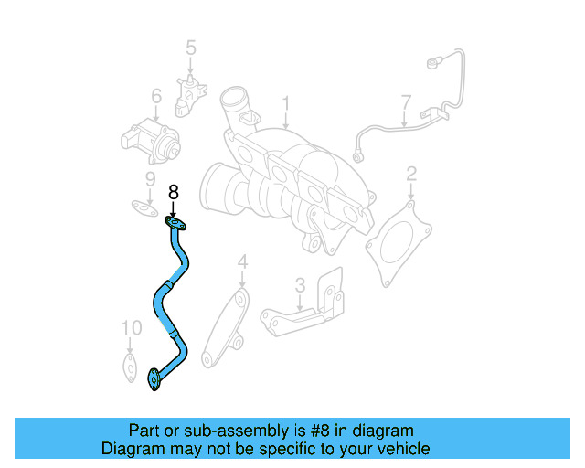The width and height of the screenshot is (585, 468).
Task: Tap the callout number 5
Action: [x=191, y=47]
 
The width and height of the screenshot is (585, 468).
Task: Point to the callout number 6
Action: [x=156, y=95]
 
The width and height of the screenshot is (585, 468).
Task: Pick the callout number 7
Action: [x=406, y=100]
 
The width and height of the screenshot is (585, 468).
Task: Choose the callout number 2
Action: [x=411, y=173]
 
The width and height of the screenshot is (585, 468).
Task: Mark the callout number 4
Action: [x=242, y=263]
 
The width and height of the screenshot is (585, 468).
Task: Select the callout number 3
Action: [x=300, y=285]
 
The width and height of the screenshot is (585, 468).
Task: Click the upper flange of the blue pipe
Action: [x=175, y=222]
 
